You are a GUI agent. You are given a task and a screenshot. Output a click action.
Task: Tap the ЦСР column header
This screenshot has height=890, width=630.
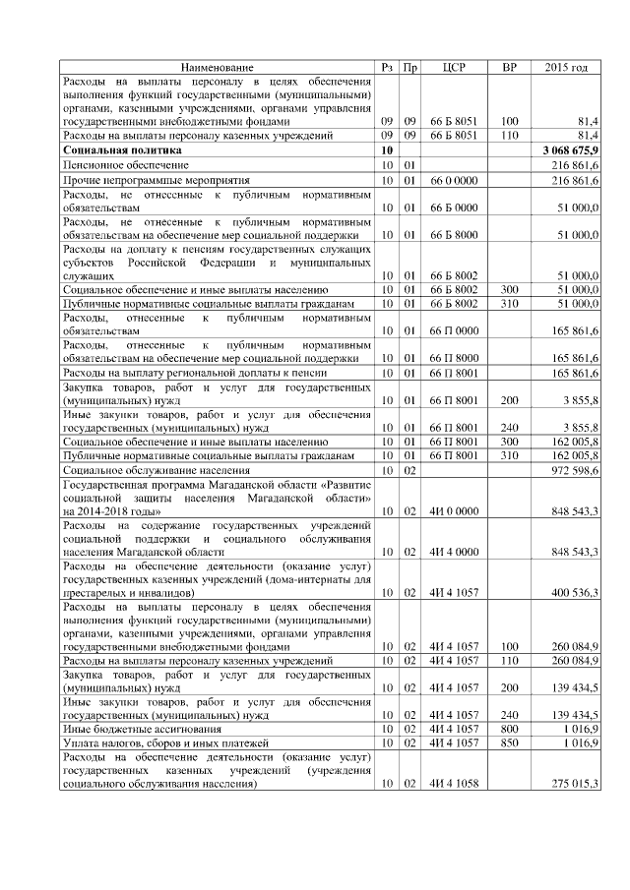(x=454, y=67)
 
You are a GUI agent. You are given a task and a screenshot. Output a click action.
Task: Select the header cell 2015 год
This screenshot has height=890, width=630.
(x=566, y=67)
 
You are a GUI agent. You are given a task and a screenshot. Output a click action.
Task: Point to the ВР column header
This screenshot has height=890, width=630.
(x=509, y=67)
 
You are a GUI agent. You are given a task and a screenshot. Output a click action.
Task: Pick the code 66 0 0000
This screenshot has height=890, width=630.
(x=454, y=182)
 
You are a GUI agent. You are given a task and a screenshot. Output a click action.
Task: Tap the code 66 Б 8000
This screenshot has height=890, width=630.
(x=454, y=236)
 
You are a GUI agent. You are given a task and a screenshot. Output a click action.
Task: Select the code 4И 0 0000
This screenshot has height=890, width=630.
(x=454, y=511)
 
